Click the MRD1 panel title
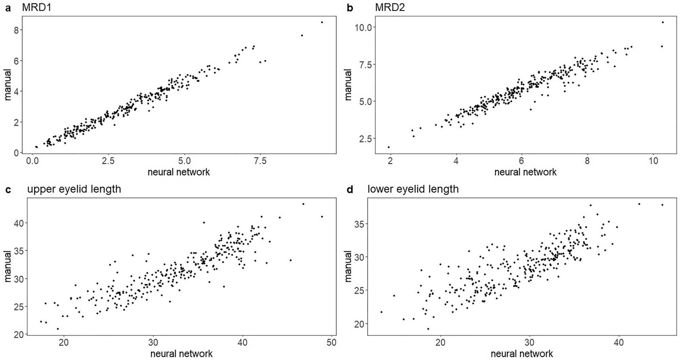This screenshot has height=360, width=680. (x=36, y=7)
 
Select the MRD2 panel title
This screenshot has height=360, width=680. (x=390, y=7)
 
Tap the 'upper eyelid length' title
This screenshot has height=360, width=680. (x=74, y=189)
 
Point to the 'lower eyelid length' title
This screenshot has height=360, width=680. (x=413, y=189)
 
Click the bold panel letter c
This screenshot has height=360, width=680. (x=8, y=189)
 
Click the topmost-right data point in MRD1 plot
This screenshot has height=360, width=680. (x=322, y=22)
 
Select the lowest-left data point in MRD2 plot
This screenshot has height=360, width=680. (x=389, y=147)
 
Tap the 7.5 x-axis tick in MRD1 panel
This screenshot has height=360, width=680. (x=260, y=161)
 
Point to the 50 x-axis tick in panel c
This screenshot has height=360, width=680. (x=332, y=342)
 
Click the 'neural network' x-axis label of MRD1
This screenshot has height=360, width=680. (x=179, y=172)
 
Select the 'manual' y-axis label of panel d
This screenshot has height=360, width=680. (x=348, y=266)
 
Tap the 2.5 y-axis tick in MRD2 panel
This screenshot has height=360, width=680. (x=365, y=138)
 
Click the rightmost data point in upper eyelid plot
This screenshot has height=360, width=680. (x=322, y=217)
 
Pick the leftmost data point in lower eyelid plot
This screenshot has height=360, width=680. (x=382, y=312)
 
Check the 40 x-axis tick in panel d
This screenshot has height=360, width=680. (x=619, y=342)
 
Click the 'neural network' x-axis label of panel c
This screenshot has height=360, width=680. (x=181, y=354)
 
